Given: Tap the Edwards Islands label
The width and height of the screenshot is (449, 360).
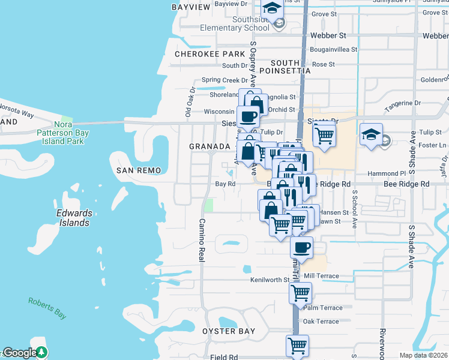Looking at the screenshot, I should click(x=73, y=218).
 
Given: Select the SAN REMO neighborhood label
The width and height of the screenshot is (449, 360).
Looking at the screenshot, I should click(x=139, y=171).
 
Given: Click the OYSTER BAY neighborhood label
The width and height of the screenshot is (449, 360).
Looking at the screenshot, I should click(x=229, y=331).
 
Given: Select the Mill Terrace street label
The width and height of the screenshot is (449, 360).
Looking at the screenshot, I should click(x=321, y=276).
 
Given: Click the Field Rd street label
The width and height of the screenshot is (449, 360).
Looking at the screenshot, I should click(x=224, y=357).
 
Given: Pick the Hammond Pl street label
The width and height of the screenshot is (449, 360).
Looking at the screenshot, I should click(x=382, y=173).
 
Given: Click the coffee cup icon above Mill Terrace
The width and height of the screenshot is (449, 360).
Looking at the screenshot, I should click(x=301, y=247).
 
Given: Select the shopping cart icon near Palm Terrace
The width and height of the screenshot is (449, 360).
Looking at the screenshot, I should click(x=300, y=293).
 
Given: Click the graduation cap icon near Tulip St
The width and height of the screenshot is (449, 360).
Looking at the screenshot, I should click(x=372, y=135).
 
